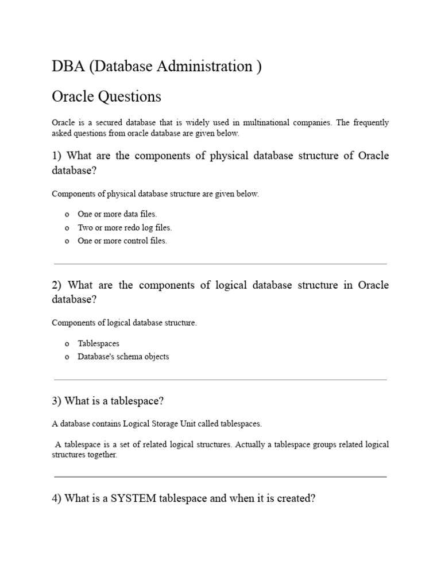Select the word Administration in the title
pos(206,67)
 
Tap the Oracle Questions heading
pos(106,96)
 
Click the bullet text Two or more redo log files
pos(125,227)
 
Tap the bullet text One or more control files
pos(122,241)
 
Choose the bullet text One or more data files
pos(117,214)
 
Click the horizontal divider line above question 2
pos(220,264)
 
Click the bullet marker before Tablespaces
pos(67,343)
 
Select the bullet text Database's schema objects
pos(123,357)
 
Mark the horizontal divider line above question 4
pos(220,477)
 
